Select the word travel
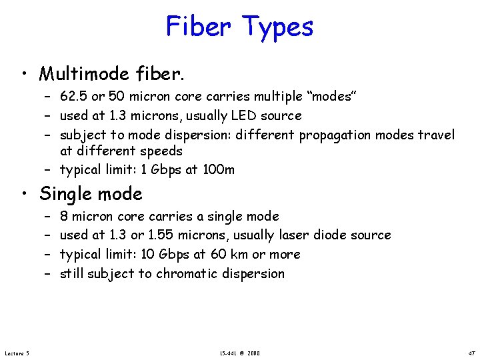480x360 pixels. (x=436, y=135)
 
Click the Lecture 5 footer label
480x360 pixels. (x=16, y=352)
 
